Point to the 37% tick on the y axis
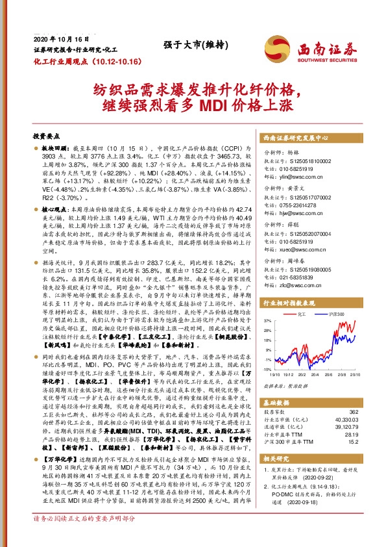pyautogui.click(x=267, y=321)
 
